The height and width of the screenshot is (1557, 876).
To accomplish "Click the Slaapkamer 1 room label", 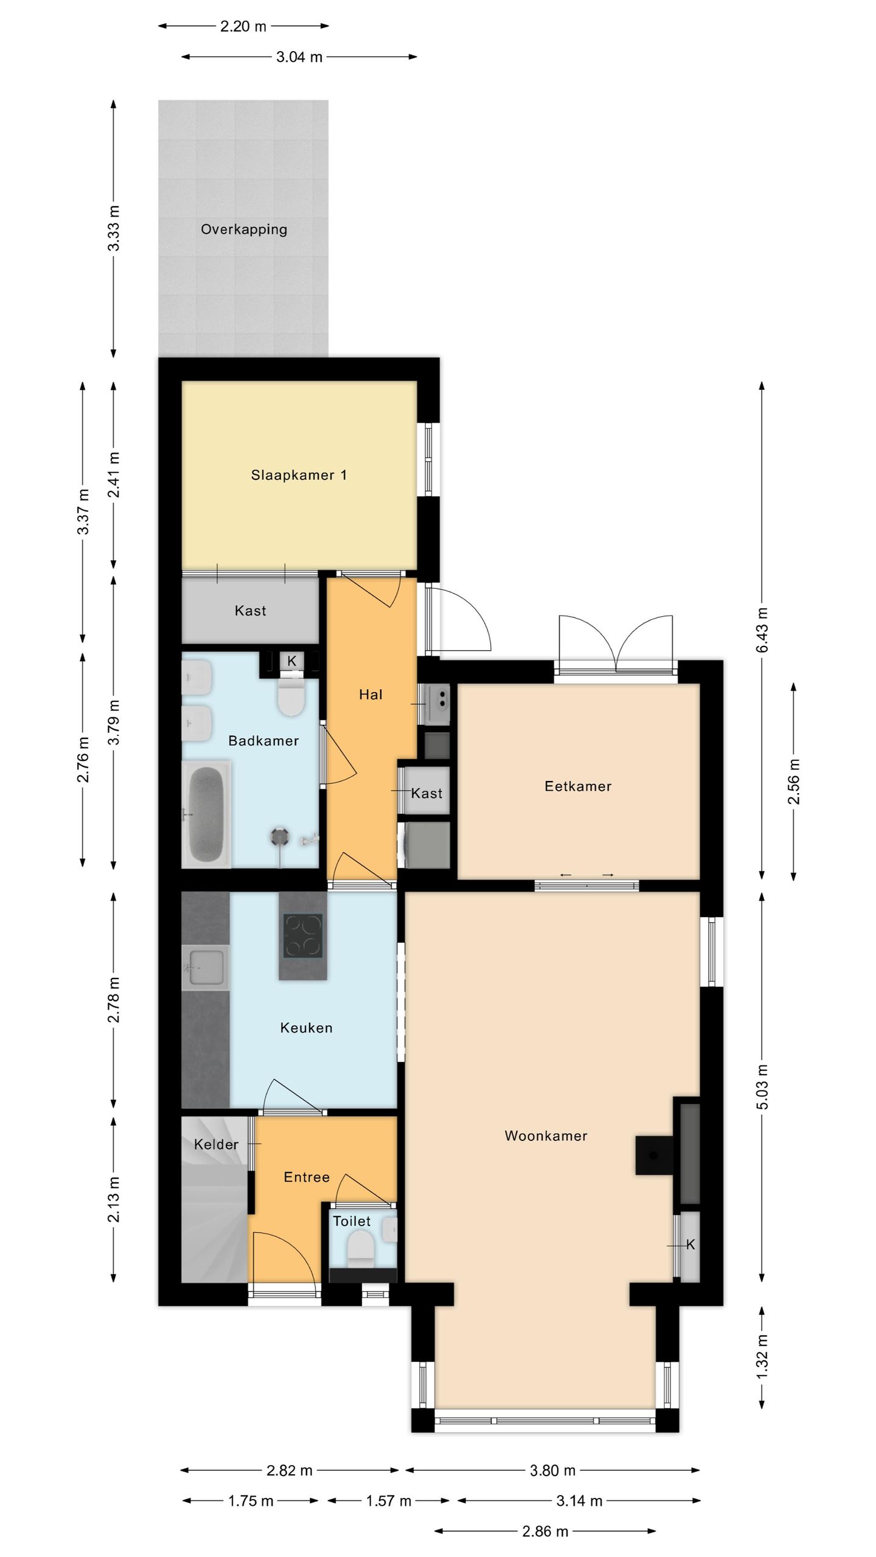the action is point(299,475).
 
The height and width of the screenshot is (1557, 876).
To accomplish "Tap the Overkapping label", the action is point(244,230).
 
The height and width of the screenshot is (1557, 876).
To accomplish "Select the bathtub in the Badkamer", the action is point(206,814).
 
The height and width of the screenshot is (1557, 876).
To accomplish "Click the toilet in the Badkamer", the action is point(291,696).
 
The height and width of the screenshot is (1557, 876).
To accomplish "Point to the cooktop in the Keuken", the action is point(303,936).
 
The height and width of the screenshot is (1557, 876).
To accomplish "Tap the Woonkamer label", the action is point(546,1136).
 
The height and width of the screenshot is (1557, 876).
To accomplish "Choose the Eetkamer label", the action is point(578,786).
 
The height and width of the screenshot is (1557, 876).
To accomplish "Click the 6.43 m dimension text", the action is point(762,630).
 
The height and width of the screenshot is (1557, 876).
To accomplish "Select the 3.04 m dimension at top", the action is point(299,57).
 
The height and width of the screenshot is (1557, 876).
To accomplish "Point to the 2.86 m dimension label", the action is point(545,1531).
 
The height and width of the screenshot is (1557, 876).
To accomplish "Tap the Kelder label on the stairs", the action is point(216,1145).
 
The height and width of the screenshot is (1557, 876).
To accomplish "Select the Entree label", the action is point(307,1177).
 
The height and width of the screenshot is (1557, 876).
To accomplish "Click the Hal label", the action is point(370,695).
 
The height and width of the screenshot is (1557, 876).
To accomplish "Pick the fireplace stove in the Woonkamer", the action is point(655,1154).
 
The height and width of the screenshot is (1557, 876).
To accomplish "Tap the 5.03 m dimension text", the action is point(762,1087).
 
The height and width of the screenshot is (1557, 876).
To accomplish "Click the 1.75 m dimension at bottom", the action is point(251,1501).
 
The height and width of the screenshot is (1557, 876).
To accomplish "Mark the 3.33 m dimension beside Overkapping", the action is point(114,228).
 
